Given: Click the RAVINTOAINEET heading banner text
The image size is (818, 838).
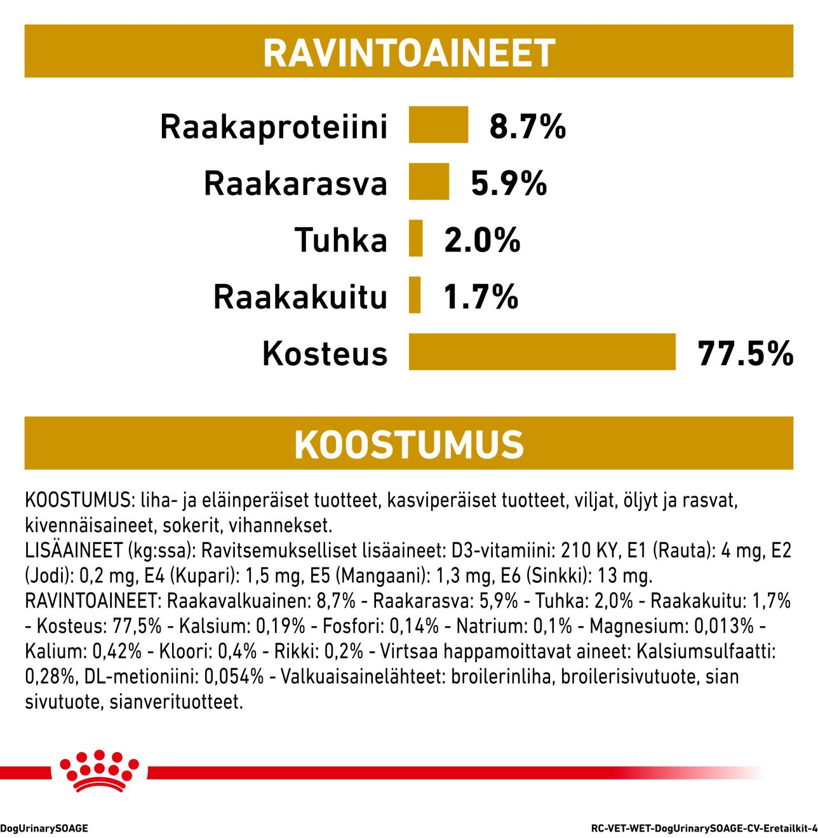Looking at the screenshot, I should pyautogui.click(x=409, y=53).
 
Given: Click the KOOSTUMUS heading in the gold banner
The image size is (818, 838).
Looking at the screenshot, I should pyautogui.click(x=409, y=444).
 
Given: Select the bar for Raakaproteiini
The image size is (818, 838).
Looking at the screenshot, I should pyautogui.click(x=438, y=124).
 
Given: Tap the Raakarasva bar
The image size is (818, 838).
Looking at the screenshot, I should pyautogui.click(x=429, y=182).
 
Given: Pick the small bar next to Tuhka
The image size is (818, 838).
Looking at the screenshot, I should pyautogui.click(x=416, y=238).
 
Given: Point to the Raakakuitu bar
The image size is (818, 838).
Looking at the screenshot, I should pyautogui.click(x=415, y=295).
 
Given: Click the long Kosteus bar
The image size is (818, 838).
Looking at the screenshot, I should pyautogui.click(x=542, y=352).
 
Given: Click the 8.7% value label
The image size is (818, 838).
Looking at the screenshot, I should pyautogui.click(x=527, y=126).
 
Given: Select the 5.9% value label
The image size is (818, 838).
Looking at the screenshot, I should pyautogui.click(x=509, y=183).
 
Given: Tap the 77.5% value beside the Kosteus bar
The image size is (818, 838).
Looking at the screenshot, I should pyautogui.click(x=745, y=354).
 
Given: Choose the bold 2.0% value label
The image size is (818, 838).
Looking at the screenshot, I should pyautogui.click(x=482, y=240).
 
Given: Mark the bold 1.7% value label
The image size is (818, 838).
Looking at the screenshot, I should pyautogui.click(x=481, y=297).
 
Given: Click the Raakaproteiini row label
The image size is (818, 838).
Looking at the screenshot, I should pyautogui.click(x=274, y=126).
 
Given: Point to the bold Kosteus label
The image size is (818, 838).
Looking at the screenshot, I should pyautogui.click(x=325, y=354).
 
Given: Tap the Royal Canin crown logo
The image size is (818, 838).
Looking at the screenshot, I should pyautogui.click(x=99, y=771).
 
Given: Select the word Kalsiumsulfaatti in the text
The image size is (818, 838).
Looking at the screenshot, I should pyautogui.click(x=705, y=651).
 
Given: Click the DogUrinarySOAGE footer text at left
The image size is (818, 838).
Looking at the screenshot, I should pyautogui.click(x=44, y=828).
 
